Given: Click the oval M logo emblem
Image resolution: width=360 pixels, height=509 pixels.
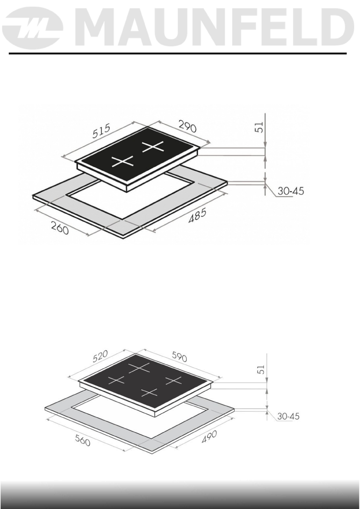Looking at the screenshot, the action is click(33, 28).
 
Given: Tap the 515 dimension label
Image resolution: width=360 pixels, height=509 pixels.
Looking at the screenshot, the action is click(102, 131).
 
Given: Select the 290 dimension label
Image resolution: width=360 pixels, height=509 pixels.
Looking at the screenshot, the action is click(187, 127).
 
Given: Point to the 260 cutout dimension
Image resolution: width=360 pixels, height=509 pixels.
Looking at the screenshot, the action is click(60, 228).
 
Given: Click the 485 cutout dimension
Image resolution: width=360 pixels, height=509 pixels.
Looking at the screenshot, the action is click(197, 216).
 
